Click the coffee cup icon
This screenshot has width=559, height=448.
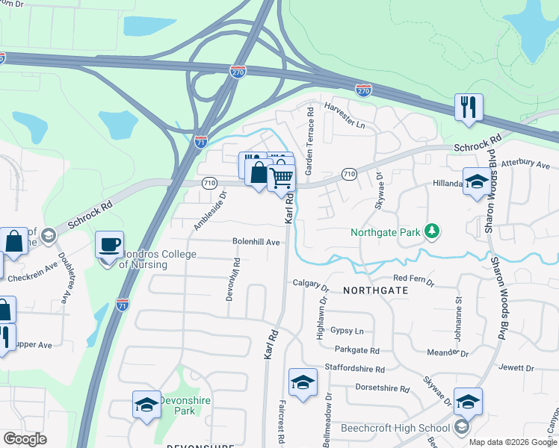coord(110,244)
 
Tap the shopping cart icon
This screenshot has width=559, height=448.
coord(282,178)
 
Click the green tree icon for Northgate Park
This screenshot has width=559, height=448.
coord(431,232)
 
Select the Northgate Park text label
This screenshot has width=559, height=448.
coord(386,232)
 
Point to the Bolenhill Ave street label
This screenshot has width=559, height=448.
coord(256,242)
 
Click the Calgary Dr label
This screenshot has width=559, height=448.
coord(311,284)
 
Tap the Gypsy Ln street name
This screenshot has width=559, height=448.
coord(348,331)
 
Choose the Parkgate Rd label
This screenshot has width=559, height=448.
coord(357,350)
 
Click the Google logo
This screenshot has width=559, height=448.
coord(25,439)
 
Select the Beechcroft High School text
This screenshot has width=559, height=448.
coord(395,428)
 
